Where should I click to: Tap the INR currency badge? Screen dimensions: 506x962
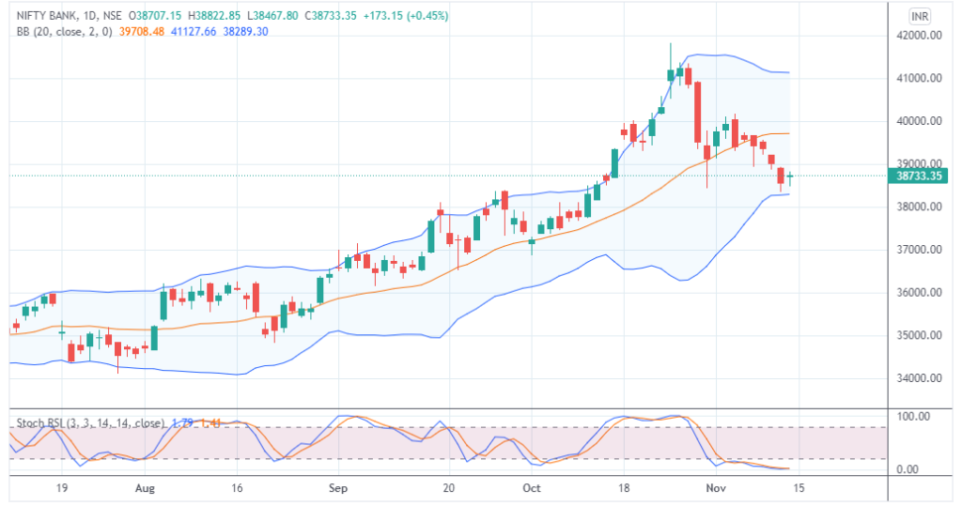click(x=921, y=17)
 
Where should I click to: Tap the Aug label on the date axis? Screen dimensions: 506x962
click(x=145, y=488)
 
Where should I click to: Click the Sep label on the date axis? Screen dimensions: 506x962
click(x=339, y=488)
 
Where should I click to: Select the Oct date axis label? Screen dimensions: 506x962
click(x=532, y=488)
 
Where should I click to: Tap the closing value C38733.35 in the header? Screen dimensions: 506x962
click(x=328, y=16)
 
